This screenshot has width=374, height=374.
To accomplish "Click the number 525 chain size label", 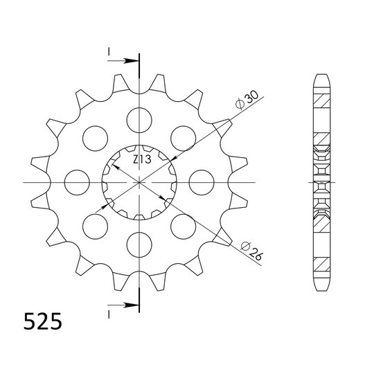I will [x=43, y=321].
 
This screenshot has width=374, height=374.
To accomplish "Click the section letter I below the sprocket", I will [x=109, y=313].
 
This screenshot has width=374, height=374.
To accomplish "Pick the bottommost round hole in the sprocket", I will [x=139, y=244].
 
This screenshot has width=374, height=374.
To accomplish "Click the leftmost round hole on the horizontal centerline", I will [x=78, y=182].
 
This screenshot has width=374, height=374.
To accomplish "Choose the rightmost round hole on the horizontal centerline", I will [x=201, y=182].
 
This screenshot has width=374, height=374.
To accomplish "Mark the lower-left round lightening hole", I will [x=96, y=226].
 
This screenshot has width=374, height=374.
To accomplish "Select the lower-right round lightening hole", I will [x=183, y=226].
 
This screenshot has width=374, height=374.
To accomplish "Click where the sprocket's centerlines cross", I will [x=139, y=182].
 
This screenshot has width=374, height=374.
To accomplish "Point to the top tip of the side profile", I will [x=321, y=73].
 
